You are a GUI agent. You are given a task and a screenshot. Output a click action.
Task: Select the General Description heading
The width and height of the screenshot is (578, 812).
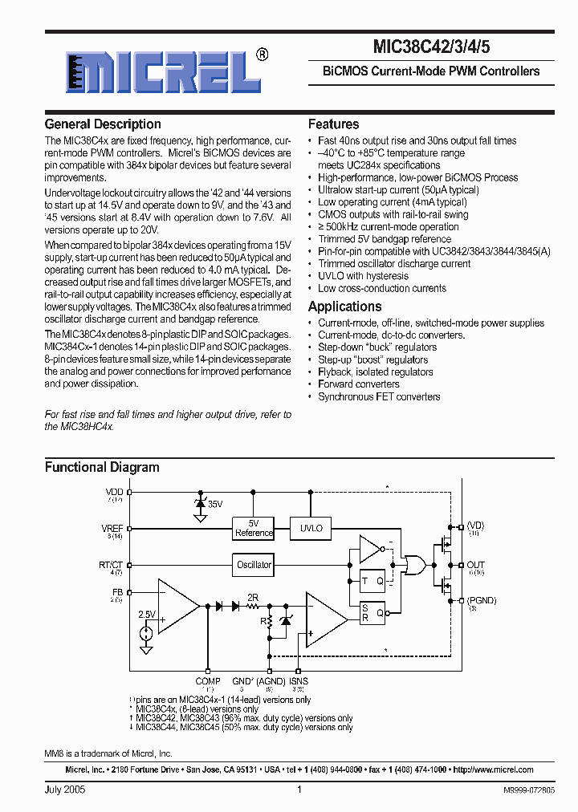click(103, 124)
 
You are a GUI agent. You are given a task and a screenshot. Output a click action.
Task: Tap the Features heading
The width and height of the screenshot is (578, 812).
click(333, 124)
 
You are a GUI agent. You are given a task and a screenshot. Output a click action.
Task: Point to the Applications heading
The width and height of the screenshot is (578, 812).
click(344, 307)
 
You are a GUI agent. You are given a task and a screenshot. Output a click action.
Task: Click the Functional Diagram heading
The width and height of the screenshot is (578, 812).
click(102, 467)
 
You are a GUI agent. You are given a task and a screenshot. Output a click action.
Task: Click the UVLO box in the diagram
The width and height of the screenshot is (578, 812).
click(311, 528)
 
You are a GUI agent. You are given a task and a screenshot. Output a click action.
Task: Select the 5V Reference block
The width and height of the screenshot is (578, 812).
click(254, 528)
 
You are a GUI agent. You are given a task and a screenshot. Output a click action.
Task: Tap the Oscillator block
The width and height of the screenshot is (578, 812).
click(254, 564)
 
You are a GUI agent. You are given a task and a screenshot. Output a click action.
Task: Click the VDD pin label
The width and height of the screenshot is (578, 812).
click(115, 492)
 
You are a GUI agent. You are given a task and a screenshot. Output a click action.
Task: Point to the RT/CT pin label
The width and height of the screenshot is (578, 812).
click(111, 565)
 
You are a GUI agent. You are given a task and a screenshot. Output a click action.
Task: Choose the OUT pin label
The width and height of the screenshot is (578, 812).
click(475, 565)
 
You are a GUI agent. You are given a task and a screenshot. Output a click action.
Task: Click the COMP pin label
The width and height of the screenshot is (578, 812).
click(208, 681)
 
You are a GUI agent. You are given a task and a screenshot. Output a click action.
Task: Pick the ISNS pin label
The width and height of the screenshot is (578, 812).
click(298, 681)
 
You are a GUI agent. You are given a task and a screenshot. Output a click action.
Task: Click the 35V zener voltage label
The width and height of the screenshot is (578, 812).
click(215, 505)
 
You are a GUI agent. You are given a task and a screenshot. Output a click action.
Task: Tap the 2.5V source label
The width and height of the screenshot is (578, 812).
click(146, 615)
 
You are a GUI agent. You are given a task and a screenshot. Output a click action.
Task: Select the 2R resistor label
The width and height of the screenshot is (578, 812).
click(252, 598)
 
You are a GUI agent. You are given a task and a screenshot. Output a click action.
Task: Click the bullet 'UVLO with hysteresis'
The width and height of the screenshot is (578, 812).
click(363, 276)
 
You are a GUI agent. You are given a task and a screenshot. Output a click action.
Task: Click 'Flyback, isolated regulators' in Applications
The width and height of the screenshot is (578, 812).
click(375, 372)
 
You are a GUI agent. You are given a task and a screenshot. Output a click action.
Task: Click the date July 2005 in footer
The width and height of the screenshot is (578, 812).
click(65, 790)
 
